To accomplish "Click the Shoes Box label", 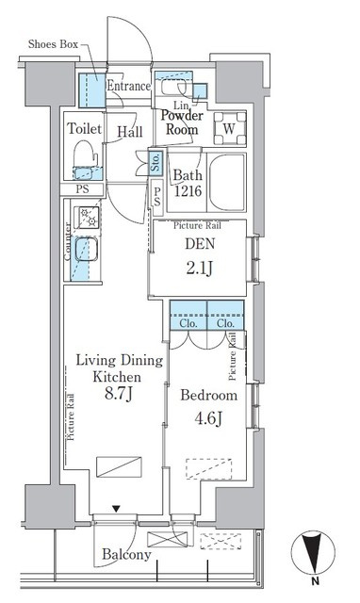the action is coord(53,44).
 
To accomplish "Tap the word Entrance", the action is coord(128,86).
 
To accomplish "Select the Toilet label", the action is coord(85,128).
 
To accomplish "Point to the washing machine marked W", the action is coord(230,128).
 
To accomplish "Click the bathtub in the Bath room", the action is coord(227,182).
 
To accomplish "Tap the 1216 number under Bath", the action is coord(188,190).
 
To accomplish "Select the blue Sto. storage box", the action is coord(155,162).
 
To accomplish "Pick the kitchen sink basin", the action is coord(86,249).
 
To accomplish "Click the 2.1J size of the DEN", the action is coord(199,268).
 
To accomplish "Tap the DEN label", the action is coord(200,244).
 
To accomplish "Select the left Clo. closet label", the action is coord(188,323).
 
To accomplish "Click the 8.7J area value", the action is coord(119,394).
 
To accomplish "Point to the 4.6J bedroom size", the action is coord(208,418).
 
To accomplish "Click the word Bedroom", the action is coord(209,396).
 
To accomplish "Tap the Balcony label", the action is coord(126,555).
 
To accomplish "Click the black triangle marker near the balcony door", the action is coord(116,509).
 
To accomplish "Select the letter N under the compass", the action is coord(316,581).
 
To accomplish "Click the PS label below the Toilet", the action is coord(82,188).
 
